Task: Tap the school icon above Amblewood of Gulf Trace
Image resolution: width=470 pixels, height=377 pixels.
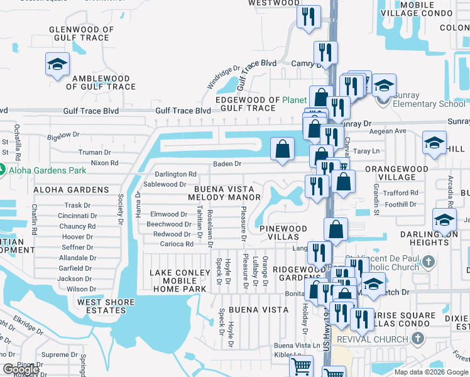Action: (57, 64)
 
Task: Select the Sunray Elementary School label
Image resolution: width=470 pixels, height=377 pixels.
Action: (426, 104)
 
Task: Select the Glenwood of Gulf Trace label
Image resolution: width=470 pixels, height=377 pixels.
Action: (82, 34)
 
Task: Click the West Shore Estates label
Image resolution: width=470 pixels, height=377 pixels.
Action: (106, 307)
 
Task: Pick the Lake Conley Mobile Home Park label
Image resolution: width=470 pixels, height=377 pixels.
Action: (178, 281)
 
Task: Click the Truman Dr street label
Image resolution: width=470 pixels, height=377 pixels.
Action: (94, 152)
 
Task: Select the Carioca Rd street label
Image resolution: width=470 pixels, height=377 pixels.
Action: (177, 244)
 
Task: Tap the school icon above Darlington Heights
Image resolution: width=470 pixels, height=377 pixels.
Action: (444, 220)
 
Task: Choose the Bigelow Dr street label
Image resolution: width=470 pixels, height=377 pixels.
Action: (63, 134)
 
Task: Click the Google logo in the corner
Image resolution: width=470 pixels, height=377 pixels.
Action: (21, 370)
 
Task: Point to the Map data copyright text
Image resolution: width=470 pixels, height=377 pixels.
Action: (431, 372)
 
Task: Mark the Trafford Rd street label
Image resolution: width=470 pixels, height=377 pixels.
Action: (401, 194)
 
